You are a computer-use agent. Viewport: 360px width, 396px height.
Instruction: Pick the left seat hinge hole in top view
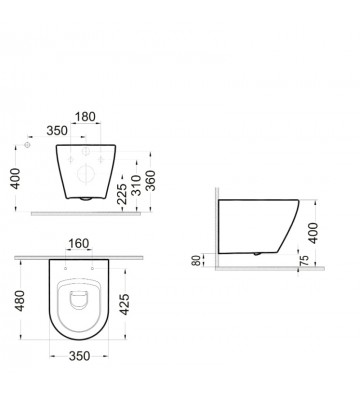[x=65, y=269]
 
